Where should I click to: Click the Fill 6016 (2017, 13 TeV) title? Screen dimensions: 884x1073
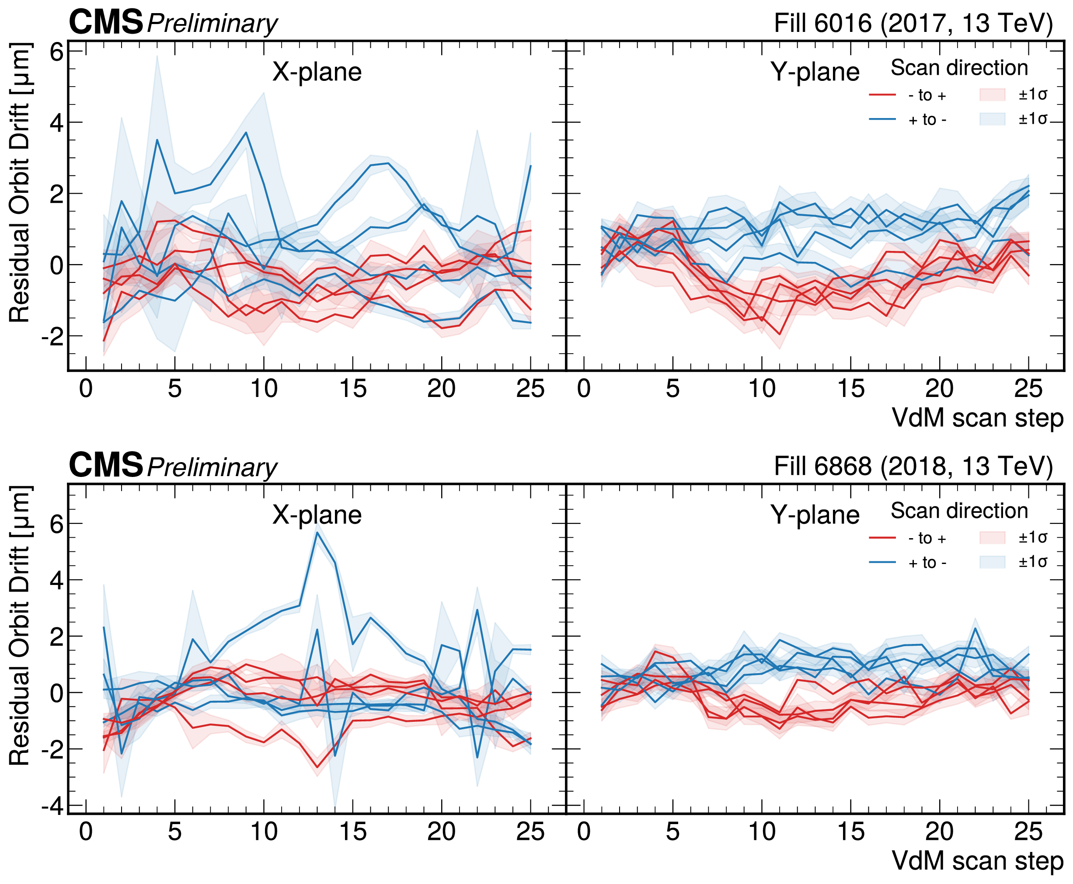(x=913, y=24)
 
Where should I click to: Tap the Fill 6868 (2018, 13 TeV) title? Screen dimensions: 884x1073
(x=913, y=466)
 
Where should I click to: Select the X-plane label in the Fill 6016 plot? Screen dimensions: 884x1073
(x=317, y=72)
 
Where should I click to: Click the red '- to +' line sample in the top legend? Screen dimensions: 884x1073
(x=882, y=95)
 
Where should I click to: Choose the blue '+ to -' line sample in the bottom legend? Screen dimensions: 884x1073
(x=882, y=562)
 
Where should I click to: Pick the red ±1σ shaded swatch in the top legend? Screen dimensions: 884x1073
(x=992, y=95)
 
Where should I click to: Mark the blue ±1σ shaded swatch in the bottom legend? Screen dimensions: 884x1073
(x=992, y=562)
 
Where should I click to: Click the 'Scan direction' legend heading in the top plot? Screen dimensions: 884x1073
(x=959, y=68)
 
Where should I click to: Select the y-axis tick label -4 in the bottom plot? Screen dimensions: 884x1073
(x=52, y=807)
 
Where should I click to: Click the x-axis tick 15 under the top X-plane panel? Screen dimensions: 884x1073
(x=352, y=389)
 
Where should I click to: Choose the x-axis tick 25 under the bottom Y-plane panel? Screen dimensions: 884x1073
(x=1028, y=832)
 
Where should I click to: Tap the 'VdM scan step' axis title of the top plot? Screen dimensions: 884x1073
(x=977, y=418)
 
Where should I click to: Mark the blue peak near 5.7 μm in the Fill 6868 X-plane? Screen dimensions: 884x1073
(x=317, y=533)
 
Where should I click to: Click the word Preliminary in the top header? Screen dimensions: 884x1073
(x=212, y=24)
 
